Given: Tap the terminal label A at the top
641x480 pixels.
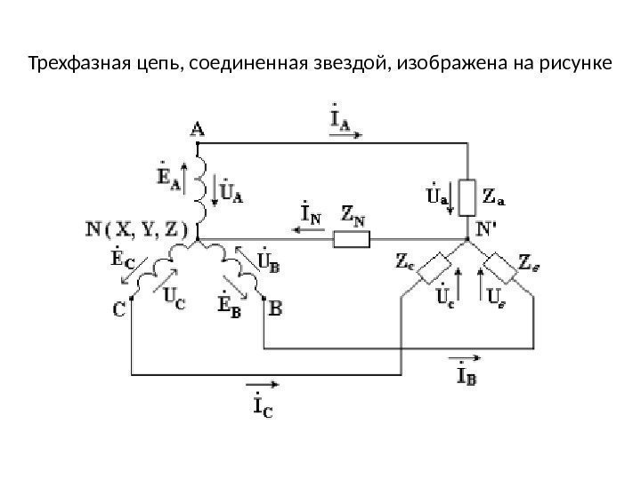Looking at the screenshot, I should click(197, 129).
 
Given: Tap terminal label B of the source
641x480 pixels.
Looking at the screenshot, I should click(275, 309).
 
